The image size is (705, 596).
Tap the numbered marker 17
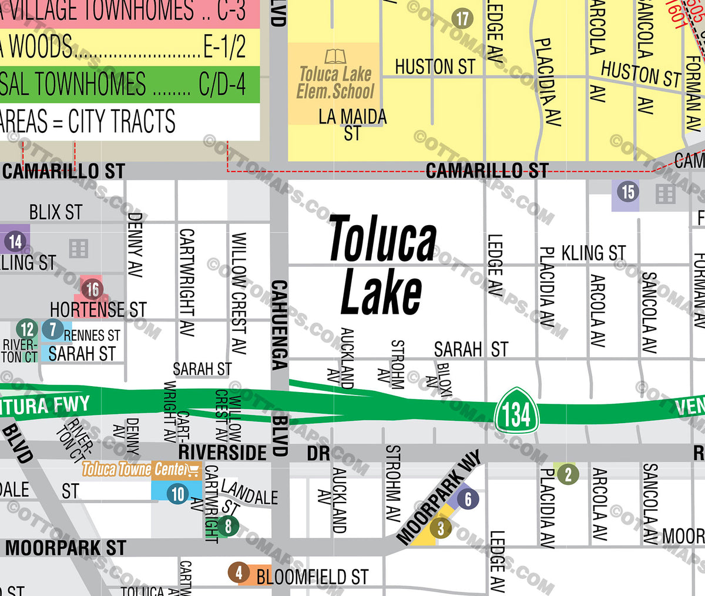pos(462,19)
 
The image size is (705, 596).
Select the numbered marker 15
pos(628,192)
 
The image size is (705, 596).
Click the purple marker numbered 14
pos(15,241)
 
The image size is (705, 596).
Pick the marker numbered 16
pos(92,289)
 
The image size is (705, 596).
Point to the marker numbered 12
pos(27,329)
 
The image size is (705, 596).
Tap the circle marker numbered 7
pos(53,329)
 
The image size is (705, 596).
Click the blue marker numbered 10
pos(177,494)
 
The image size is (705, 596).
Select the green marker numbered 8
pos(228,525)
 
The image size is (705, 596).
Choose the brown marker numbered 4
pos(239,572)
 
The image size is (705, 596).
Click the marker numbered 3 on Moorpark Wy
pos(441,528)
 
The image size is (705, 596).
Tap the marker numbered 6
pos(468,499)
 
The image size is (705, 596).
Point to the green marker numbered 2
pos(567,474)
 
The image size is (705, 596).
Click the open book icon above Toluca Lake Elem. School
pos(335,56)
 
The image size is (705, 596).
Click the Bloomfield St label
pos(313,577)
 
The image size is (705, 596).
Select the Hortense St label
pos(98,309)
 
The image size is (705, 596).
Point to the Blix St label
pos(56,212)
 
